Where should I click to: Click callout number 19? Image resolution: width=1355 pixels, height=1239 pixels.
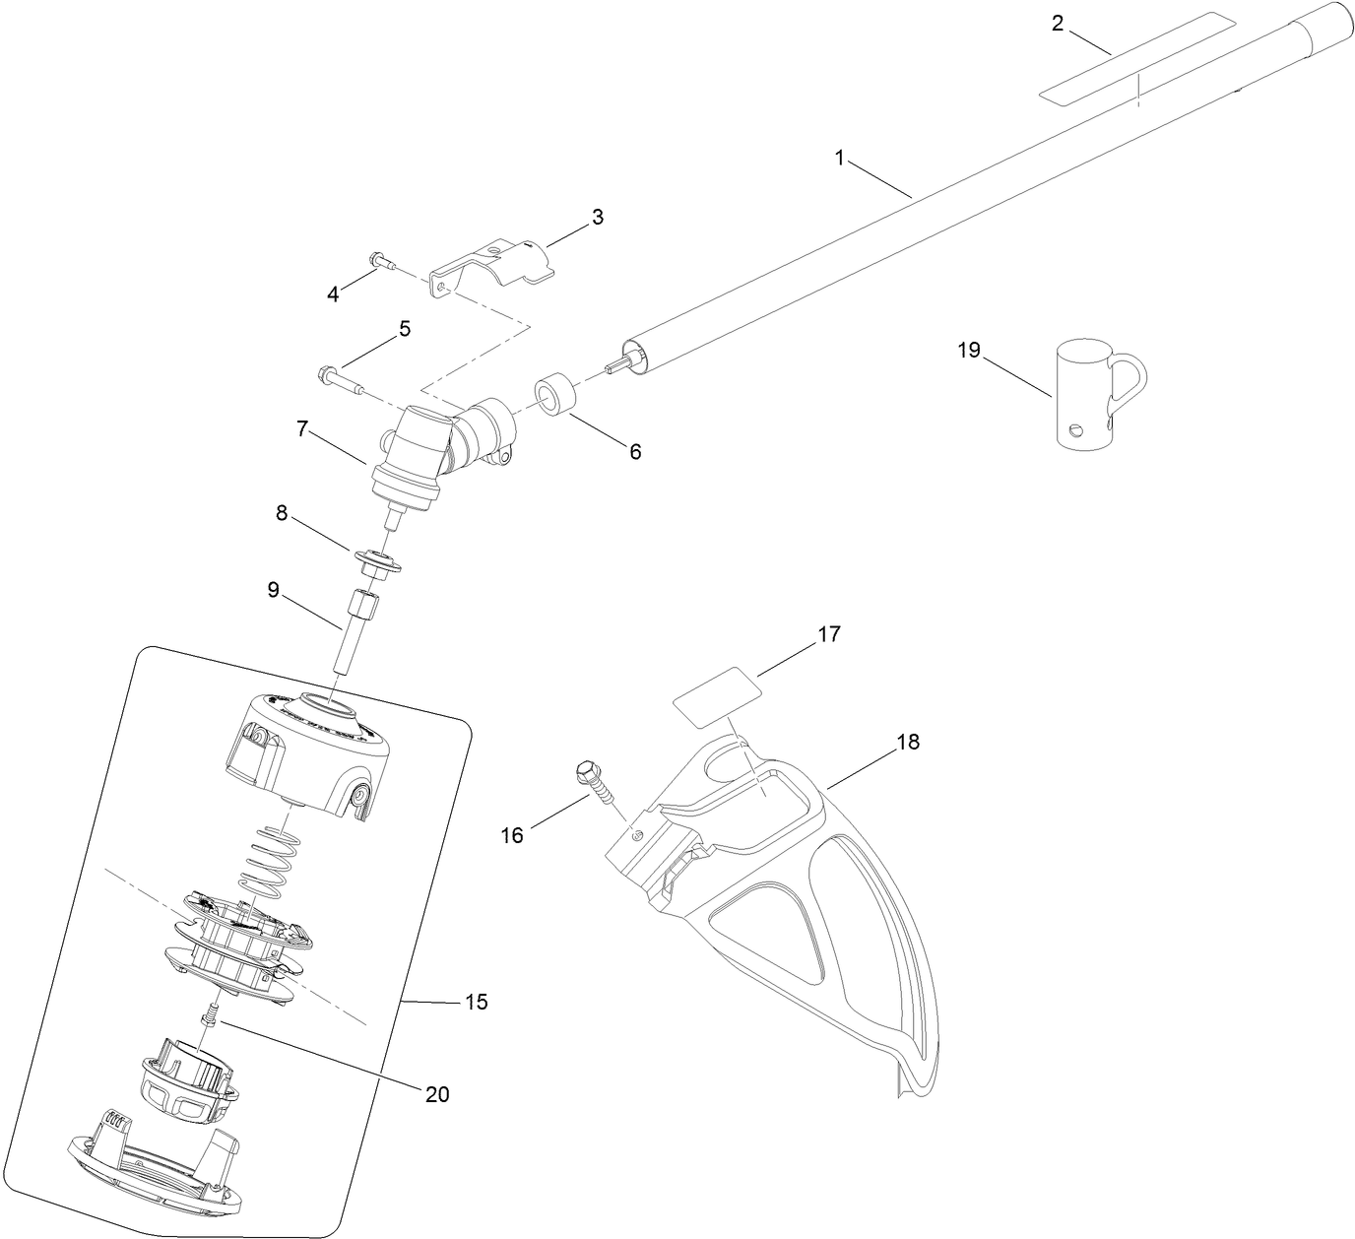[x=969, y=350]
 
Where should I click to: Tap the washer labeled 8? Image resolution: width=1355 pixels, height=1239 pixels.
[x=377, y=563]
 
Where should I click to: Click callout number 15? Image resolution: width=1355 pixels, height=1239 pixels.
[x=476, y=1002]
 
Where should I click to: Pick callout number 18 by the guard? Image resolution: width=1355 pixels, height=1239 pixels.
[x=907, y=742]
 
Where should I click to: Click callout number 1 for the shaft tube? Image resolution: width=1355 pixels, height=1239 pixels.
[x=839, y=158]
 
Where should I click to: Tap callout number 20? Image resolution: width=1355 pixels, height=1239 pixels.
[x=437, y=1093]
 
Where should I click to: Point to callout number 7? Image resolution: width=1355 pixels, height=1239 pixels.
[x=302, y=428]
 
